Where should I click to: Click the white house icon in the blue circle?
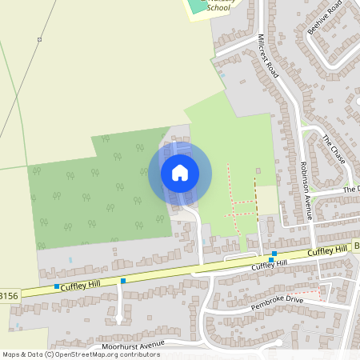pos(180,173)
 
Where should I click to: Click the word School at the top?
pos(218,8)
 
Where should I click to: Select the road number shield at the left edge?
pos(8,296)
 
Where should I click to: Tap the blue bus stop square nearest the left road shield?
pos(57,286)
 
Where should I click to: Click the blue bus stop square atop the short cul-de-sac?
pos(123,281)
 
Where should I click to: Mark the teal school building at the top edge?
pos(195,4)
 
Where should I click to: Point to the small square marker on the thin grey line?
pos(38,39)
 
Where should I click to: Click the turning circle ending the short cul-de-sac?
pos(119,319)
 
